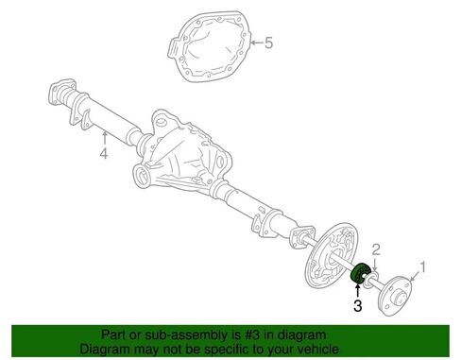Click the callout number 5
tap(268, 43)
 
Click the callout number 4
tap(104, 153)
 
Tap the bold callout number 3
tap(358, 305)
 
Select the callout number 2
tap(376, 249)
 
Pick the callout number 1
tap(423, 267)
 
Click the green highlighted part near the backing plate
tap(360, 273)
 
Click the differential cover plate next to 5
tap(209, 46)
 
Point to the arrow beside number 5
tap(256, 43)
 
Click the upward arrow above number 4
tap(104, 139)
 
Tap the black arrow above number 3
tap(358, 291)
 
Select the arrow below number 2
tap(375, 264)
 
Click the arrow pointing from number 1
tap(415, 276)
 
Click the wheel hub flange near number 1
tap(395, 296)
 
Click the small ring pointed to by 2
tap(370, 281)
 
